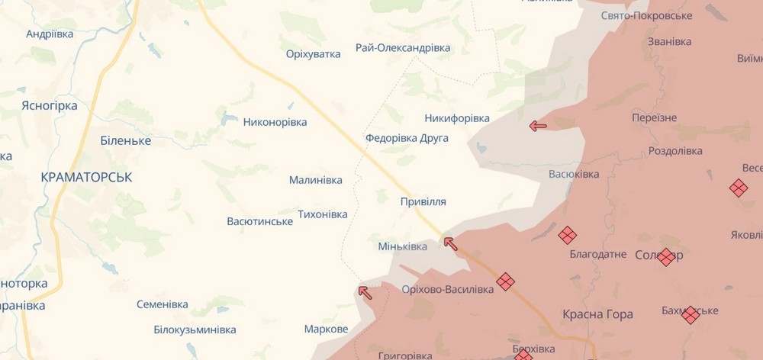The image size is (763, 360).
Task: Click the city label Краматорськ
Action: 87,177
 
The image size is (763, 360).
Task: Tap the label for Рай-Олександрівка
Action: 403,48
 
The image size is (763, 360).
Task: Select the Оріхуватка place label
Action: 313,54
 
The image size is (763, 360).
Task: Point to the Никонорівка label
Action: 275,122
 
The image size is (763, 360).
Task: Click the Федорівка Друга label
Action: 407,138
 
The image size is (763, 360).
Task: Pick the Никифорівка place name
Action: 457,118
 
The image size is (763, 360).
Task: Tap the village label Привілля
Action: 423,202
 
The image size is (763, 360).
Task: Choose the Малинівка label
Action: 316,180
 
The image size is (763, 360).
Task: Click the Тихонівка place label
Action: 322,214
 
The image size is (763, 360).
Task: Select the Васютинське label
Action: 260,221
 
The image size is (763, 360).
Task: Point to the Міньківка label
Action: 403,246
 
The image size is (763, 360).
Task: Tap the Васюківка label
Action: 574,174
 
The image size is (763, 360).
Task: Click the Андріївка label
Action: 50,34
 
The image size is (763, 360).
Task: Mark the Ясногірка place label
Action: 50,106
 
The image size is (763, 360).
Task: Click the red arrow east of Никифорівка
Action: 538,126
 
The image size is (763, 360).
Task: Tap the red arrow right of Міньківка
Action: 451,244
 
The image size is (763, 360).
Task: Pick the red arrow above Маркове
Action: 365,291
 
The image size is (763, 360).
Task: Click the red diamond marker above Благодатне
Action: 567,235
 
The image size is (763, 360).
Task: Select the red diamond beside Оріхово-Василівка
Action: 505,282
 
